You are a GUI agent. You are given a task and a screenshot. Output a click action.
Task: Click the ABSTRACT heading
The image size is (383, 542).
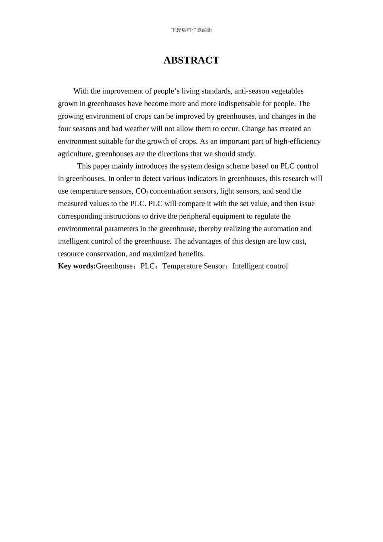191,60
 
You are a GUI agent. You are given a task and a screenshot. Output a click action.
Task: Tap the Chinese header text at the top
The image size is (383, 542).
191,30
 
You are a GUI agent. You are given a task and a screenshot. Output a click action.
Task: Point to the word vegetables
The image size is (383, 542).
287,91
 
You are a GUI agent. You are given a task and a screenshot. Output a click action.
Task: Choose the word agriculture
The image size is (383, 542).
75,154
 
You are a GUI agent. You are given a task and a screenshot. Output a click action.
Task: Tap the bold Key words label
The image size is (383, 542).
77,266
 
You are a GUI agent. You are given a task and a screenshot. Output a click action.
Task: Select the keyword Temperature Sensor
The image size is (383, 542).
194,266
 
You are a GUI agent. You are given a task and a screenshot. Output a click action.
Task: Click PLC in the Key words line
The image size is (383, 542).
147,266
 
